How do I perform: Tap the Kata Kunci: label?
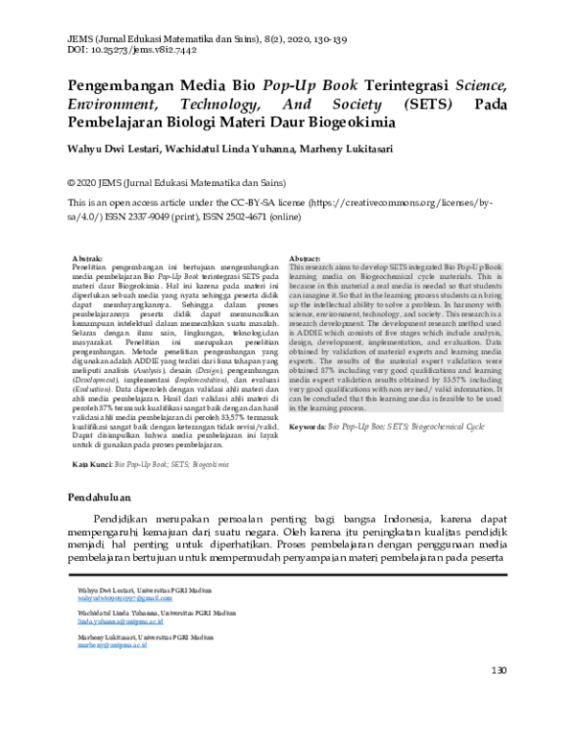93,463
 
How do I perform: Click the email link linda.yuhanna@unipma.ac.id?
114,621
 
